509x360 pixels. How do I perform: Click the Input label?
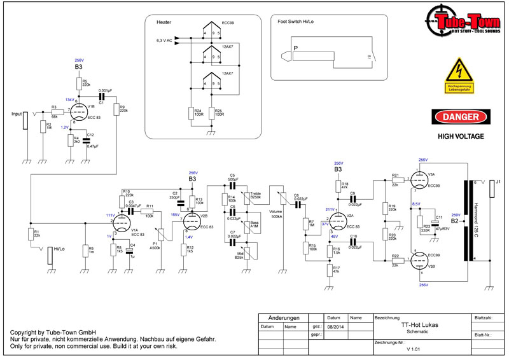point(17,114)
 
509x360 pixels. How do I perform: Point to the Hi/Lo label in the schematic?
point(61,250)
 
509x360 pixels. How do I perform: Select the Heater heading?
point(164,21)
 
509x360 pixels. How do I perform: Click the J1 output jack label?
point(499,182)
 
